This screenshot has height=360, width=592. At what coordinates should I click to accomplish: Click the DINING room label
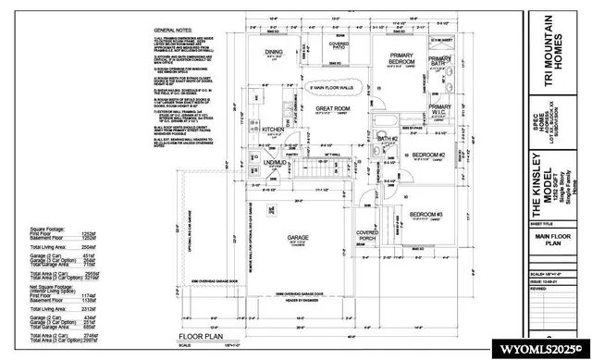pos(274,53)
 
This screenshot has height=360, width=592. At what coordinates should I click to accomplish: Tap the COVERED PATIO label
pos(339,46)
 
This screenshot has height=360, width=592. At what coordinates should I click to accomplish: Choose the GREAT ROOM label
pos(330,109)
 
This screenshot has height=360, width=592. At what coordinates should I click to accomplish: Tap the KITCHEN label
pos(272,130)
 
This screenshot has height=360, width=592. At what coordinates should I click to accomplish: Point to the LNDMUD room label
pos(272,164)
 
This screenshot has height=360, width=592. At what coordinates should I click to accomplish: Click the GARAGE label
pos(298,238)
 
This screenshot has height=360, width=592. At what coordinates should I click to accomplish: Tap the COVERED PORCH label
pos(367,236)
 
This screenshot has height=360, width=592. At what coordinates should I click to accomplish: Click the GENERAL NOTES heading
pos(174,31)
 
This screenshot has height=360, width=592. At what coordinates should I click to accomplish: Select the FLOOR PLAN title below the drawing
pos(196,338)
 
